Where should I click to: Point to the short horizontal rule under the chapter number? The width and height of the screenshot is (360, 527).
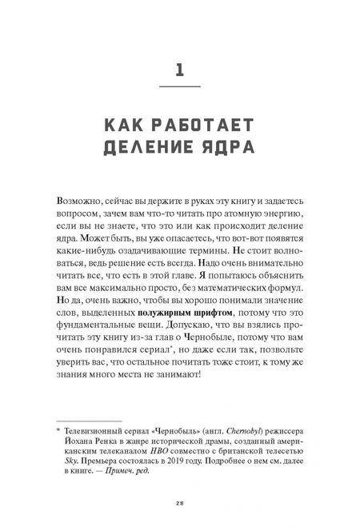pos(180,85)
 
